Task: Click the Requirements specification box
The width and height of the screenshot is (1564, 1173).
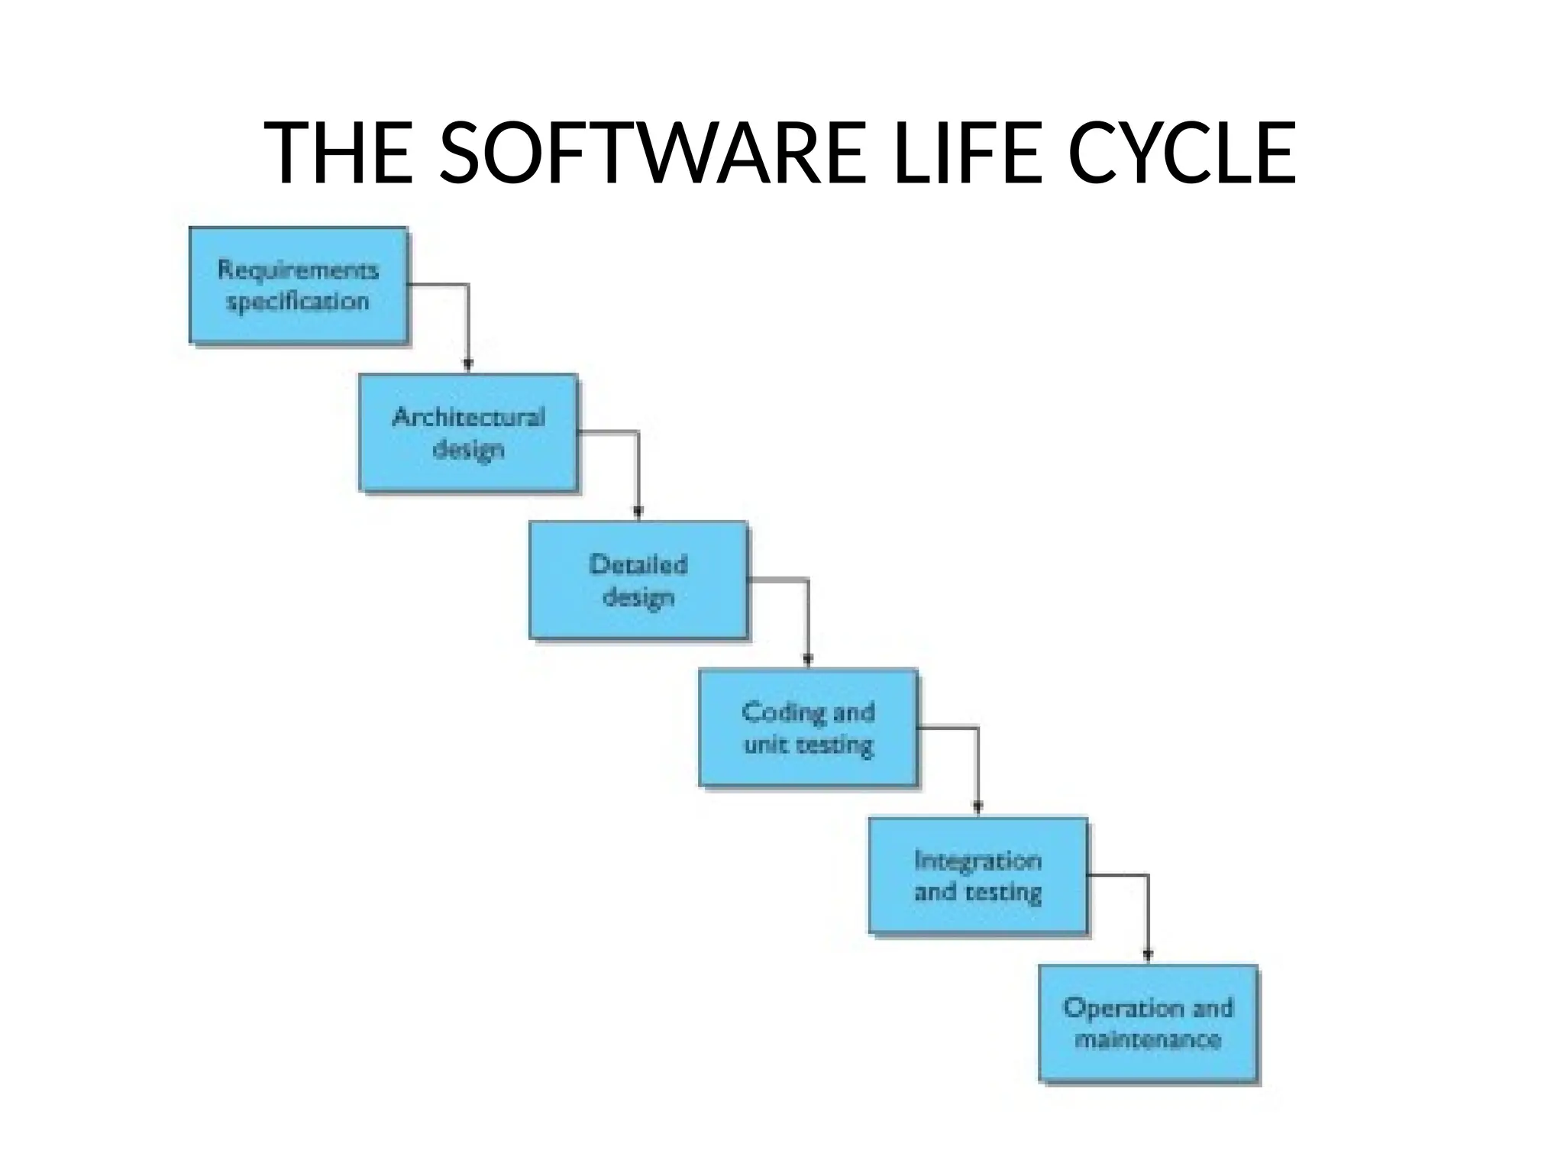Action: [x=298, y=285]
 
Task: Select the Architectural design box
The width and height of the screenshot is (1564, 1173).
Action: [x=468, y=432]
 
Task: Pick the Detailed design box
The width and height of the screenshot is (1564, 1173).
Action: [x=638, y=580]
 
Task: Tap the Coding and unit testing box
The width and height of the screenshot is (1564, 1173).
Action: [x=808, y=727]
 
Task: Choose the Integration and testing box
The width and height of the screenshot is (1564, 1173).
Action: [x=978, y=875]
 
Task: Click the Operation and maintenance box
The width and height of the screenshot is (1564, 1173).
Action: [x=1148, y=1023]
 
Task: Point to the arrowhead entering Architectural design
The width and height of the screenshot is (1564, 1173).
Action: [x=468, y=366]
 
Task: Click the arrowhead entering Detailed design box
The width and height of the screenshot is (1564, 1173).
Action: [x=638, y=513]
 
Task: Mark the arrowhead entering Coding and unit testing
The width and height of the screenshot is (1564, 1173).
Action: [x=808, y=661]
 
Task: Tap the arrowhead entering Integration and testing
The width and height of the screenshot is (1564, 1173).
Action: [x=978, y=808]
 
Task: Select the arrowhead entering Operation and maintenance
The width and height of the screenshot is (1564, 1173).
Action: [x=1148, y=955]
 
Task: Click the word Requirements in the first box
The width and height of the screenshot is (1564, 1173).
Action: [x=298, y=270]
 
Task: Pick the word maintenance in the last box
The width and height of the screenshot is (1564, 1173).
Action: [x=1148, y=1039]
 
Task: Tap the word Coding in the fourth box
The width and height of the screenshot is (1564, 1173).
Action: [x=774, y=713]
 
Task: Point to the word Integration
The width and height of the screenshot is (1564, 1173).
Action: [x=978, y=861]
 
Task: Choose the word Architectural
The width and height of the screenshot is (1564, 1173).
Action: [x=468, y=417]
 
